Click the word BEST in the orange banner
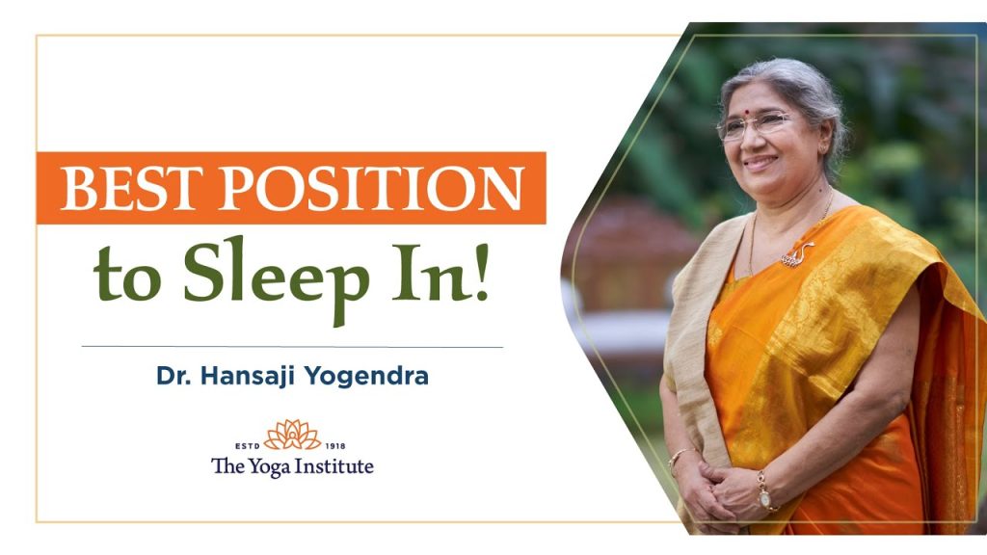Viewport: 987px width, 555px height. [133, 188]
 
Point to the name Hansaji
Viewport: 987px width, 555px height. [249, 377]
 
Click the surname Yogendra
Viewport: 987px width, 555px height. [366, 377]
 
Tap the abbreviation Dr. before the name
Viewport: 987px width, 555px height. [174, 376]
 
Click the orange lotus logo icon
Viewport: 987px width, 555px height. [292, 435]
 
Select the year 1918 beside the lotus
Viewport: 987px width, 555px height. [335, 445]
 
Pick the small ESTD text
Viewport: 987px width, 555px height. [248, 445]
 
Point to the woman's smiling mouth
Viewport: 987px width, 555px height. [760, 162]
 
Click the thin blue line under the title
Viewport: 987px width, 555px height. [292, 347]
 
